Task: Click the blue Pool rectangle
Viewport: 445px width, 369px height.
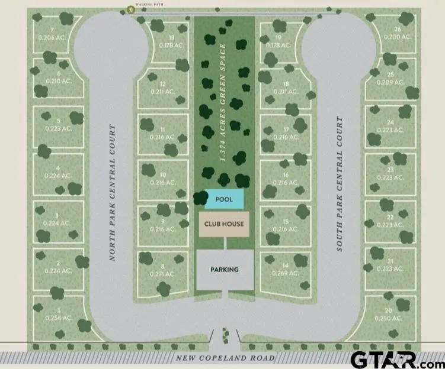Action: pos(224,199)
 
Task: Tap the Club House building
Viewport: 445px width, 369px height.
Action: pos(224,225)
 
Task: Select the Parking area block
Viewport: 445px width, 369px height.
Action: pos(225,269)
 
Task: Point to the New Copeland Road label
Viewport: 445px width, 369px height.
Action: pos(226,358)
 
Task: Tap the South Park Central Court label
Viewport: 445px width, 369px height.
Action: pos(340,184)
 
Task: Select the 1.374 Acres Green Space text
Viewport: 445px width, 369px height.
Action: pos(223,103)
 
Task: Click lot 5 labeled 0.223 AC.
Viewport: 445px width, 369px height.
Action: pos(58,125)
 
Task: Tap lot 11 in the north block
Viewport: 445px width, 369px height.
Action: pos(162,133)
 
